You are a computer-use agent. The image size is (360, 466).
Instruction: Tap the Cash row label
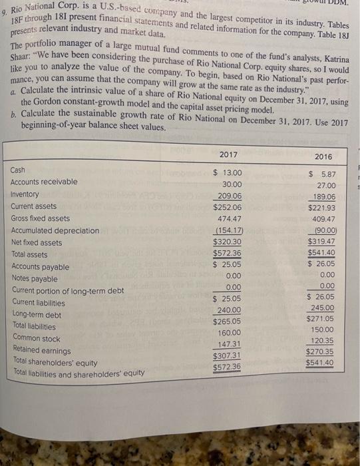click(18, 170)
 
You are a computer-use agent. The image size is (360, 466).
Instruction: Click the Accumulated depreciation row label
click(55, 230)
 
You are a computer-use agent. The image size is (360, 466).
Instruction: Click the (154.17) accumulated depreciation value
click(228, 232)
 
